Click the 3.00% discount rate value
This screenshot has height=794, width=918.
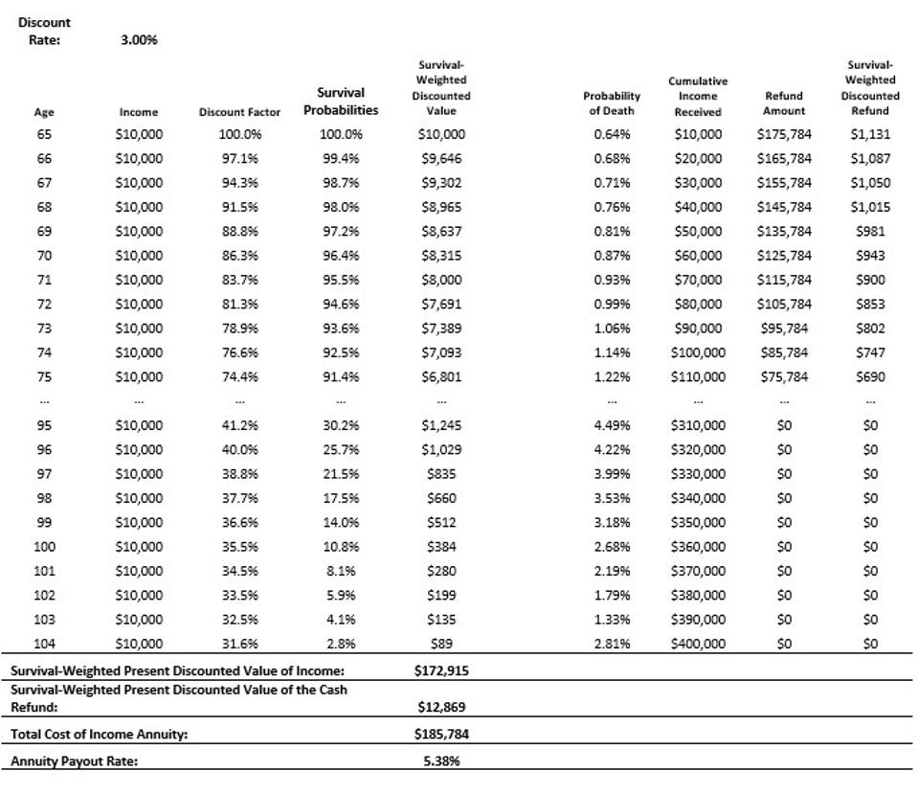click(x=139, y=40)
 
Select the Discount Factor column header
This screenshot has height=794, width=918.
click(x=239, y=112)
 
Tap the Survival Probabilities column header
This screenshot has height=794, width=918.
click(x=341, y=102)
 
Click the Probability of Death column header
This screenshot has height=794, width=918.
click(x=612, y=103)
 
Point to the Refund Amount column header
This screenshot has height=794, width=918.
click(x=783, y=103)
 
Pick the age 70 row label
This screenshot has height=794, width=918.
click(x=44, y=256)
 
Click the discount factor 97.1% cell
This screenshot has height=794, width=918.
click(x=239, y=159)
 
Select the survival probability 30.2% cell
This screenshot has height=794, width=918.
click(x=341, y=425)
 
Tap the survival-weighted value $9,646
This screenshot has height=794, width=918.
click(x=441, y=159)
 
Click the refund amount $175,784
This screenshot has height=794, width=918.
click(x=783, y=135)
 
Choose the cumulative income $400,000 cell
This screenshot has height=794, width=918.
click(x=698, y=645)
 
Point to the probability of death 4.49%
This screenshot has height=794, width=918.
click(x=612, y=425)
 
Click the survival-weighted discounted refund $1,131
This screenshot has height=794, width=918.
click(x=869, y=135)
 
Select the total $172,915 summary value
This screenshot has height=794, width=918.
click(x=441, y=671)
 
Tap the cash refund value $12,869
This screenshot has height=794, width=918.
click(x=441, y=708)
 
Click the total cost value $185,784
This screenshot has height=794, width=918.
click(x=441, y=735)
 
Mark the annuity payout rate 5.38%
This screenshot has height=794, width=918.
click(x=441, y=761)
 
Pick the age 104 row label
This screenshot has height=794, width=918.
click(x=44, y=645)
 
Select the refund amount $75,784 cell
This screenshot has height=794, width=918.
click(x=783, y=377)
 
